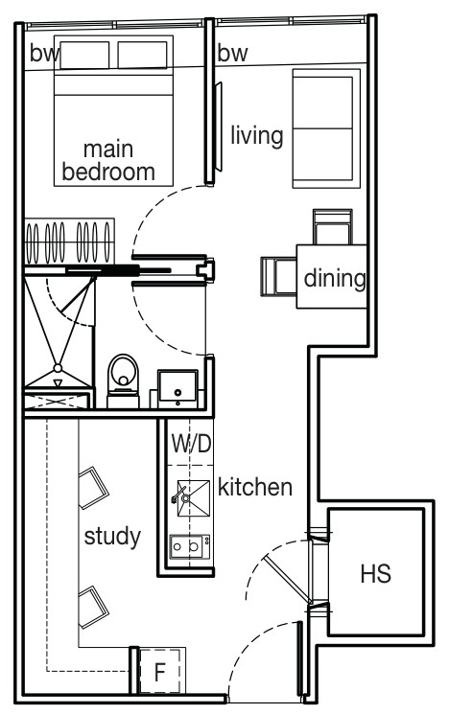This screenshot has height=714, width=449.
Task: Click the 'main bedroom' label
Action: [x=108, y=161]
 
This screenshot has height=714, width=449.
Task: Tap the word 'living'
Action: [x=256, y=136]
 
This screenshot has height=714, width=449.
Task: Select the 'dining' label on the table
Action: [x=335, y=278]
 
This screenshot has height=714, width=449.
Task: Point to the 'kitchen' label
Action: [x=255, y=487]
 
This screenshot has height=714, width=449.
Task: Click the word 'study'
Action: [x=112, y=537]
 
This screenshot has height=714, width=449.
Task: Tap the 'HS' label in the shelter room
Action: [x=376, y=574]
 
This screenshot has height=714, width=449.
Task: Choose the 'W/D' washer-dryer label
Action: [x=192, y=444]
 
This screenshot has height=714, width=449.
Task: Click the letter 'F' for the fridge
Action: [x=159, y=672]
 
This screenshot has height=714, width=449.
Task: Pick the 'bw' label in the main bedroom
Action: [x=44, y=54]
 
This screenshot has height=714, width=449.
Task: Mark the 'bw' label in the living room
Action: [x=232, y=54]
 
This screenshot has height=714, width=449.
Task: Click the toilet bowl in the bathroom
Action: [x=123, y=380]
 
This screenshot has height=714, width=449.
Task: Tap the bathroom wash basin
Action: [x=177, y=388]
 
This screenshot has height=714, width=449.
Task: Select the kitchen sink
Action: [x=194, y=498]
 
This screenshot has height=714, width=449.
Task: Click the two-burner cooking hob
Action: [x=190, y=546]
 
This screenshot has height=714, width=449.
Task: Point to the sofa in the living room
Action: [x=326, y=128]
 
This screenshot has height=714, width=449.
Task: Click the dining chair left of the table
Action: [x=278, y=276]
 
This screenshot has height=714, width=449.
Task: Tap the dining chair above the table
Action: [x=332, y=227]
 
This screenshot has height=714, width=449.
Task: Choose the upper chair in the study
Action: [x=93, y=487]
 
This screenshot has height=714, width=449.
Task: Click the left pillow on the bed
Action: [x=84, y=55]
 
